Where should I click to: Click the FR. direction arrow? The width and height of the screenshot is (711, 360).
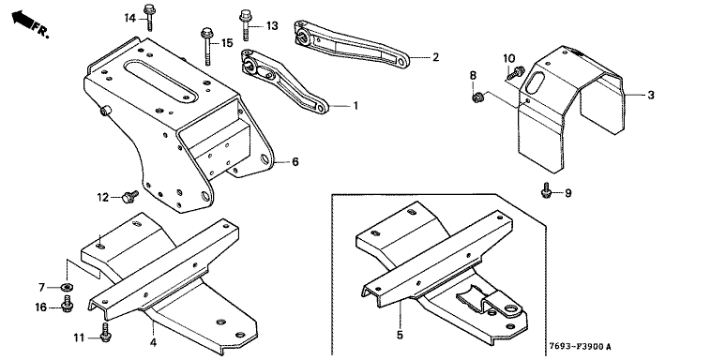[23, 20]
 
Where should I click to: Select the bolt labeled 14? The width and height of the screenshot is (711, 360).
[149, 17]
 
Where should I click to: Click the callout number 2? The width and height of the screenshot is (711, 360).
[435, 57]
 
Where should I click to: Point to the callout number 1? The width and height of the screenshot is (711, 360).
[355, 106]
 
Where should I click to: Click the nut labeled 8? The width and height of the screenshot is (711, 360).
[477, 97]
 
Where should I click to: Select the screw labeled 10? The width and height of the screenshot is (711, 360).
[517, 72]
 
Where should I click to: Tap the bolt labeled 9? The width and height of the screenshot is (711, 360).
[547, 191]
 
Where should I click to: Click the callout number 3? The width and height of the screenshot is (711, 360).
[651, 96]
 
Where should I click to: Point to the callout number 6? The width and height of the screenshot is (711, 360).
[295, 161]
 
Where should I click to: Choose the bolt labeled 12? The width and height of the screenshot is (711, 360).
[130, 197]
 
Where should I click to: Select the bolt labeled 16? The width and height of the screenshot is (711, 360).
[68, 304]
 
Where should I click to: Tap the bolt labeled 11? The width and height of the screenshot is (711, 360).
[105, 333]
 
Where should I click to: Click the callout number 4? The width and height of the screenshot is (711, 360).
[153, 343]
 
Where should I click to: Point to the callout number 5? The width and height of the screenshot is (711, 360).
[400, 335]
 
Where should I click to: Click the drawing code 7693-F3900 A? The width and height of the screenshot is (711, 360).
[580, 347]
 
